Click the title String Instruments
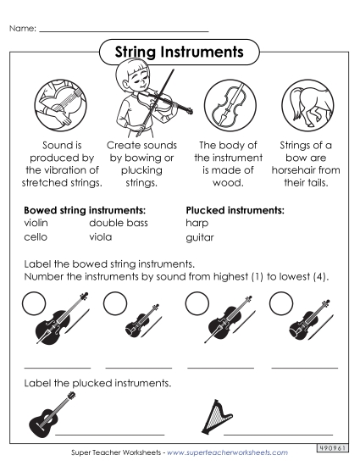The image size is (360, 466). (179, 53)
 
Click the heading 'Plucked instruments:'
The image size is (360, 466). (235, 209)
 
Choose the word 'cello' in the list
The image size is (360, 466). (35, 238)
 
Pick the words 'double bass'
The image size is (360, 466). (119, 224)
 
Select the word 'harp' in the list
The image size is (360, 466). (197, 224)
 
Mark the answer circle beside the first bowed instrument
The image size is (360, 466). (34, 303)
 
